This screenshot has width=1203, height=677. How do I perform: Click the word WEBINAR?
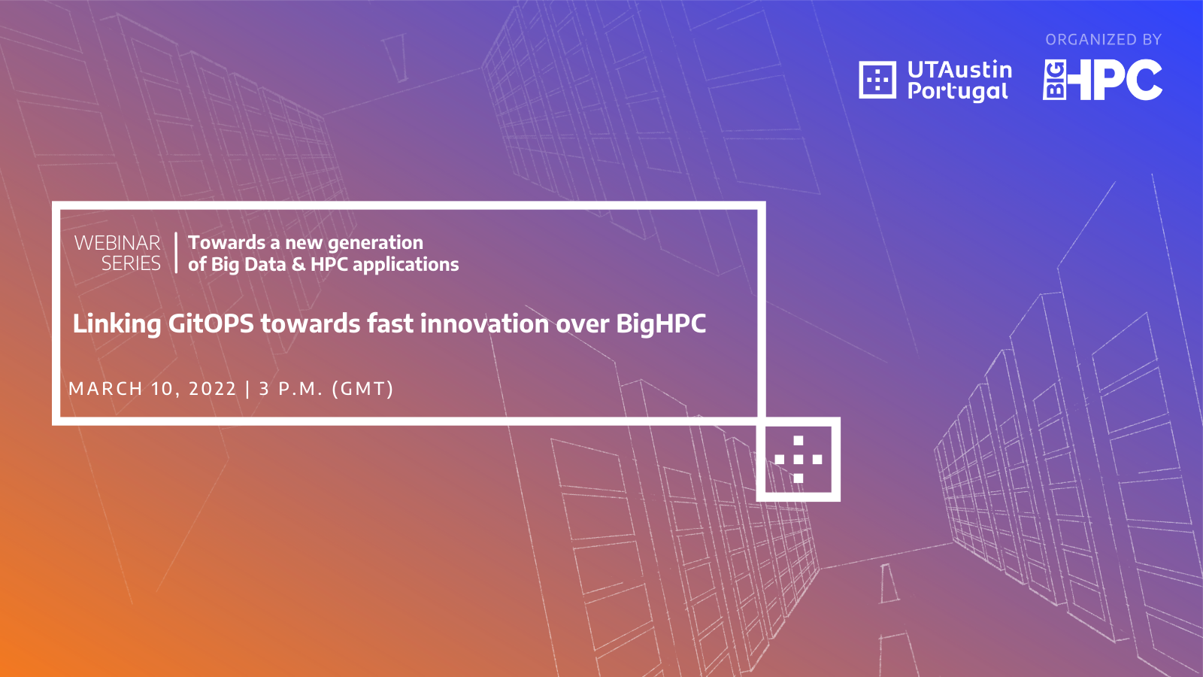coord(117,243)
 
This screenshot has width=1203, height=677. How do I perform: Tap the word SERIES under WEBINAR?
coord(131,263)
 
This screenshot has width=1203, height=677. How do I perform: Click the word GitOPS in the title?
coord(211,324)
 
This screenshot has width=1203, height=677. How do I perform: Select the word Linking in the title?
coord(117,324)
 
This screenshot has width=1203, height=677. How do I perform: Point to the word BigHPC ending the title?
coord(661,324)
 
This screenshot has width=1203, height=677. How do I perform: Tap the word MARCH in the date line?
coord(105,388)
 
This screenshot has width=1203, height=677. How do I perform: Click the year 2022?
coord(212,388)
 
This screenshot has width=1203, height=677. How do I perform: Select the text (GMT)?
coord(362,388)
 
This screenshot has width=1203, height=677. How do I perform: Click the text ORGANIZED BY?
coord(1103,40)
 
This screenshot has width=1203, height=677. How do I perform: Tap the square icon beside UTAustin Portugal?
coord(877,80)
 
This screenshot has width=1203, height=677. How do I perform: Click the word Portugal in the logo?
coord(958,91)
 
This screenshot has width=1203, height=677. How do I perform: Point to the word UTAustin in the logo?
coord(959,70)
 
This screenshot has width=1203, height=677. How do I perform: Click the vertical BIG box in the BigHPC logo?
coord(1055,80)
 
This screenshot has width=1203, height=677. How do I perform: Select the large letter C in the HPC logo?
coord(1143,80)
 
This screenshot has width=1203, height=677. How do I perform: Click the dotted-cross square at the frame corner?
coord(798,460)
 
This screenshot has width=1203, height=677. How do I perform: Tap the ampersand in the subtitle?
coord(298,264)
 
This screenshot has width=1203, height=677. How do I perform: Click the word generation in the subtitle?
coord(375,244)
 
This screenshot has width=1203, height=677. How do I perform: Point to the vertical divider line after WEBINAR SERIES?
coord(176,253)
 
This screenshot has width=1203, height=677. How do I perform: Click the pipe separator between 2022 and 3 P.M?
coord(247,388)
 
